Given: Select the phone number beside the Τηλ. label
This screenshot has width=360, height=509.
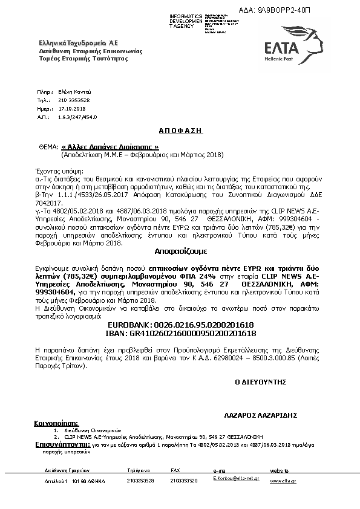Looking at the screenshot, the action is [74, 100].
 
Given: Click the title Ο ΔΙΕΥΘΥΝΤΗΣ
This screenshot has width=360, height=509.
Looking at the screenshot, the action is [260, 383].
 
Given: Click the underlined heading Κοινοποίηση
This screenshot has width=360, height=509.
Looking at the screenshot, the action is [57, 424].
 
